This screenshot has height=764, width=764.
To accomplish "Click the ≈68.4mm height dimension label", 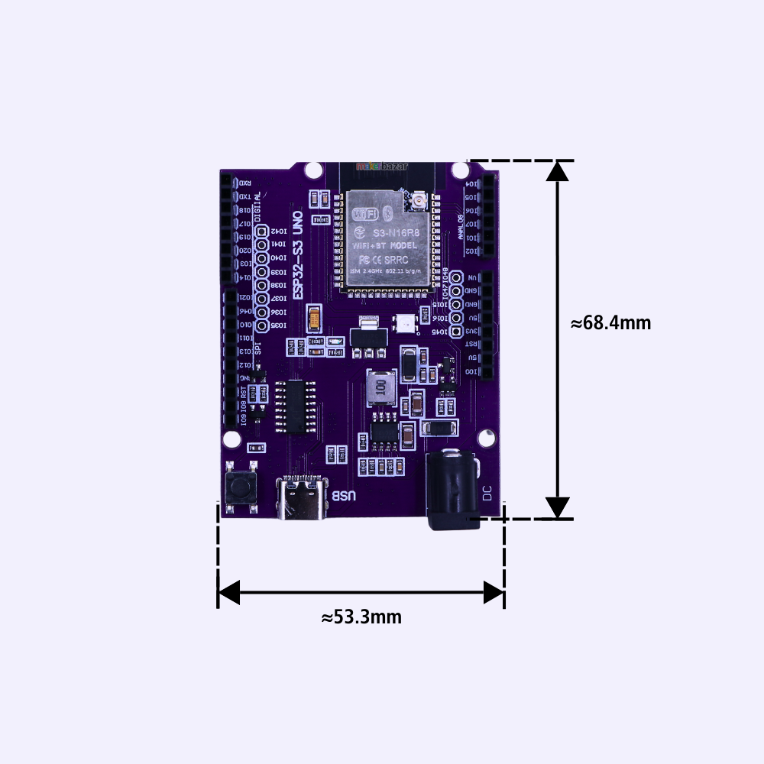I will [x=610, y=323].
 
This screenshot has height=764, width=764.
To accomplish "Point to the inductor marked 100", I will [x=380, y=389].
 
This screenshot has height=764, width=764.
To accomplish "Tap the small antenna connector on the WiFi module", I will [x=419, y=202].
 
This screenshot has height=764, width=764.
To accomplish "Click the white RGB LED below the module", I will [x=404, y=324].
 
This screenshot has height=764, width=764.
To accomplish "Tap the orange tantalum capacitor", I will [x=313, y=319].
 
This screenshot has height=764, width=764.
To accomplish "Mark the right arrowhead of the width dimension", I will [x=494, y=592].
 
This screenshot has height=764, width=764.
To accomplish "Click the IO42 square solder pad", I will [x=261, y=231].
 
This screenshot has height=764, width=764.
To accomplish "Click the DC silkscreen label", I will [x=487, y=494].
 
